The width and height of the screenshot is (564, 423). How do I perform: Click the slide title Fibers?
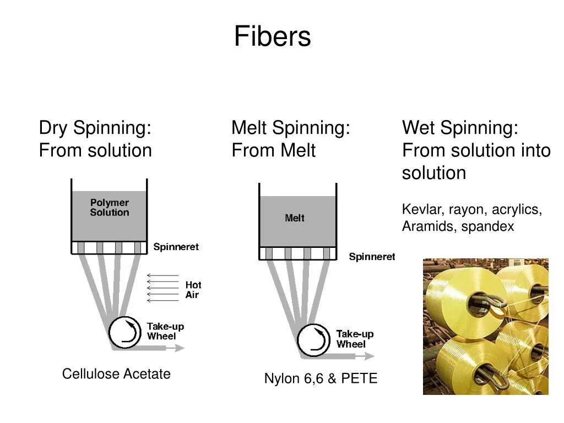pos(272,37)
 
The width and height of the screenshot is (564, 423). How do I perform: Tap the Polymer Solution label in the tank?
pos(110,208)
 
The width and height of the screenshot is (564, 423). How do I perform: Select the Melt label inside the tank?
pos(295,218)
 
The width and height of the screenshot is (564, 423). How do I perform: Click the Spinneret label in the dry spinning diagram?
pos(176,247)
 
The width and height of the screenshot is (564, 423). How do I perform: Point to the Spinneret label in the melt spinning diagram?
pos(372,257)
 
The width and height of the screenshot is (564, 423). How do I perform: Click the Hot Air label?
pos(193,290)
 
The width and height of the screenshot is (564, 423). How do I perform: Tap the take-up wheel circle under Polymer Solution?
pos(124,332)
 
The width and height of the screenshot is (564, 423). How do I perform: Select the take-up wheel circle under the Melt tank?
pos(314,340)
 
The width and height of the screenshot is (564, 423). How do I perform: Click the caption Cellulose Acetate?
pos(116,374)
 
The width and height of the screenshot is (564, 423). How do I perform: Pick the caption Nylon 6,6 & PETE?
pos(321,378)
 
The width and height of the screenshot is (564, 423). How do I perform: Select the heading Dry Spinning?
pos(95,128)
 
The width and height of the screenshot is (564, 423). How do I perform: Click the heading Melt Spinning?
pos(291,128)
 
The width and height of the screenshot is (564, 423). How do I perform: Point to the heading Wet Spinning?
pos(460,128)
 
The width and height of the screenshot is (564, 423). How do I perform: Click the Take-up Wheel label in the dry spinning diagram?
pos(165,331)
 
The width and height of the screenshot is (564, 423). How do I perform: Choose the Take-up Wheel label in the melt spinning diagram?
pos(355,339)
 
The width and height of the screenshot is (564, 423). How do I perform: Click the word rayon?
pos(467,210)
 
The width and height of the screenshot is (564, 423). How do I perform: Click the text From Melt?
pos(274,150)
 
